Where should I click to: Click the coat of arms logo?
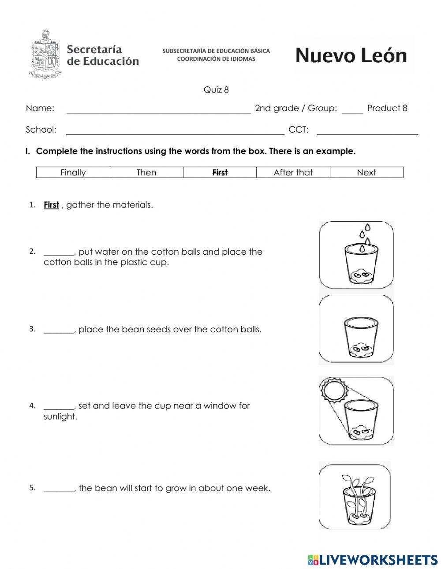pyautogui.click(x=45, y=54)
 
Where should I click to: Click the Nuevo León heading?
pyautogui.click(x=351, y=56)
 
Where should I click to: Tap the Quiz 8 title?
pyautogui.click(x=216, y=90)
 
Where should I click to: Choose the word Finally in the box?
pyautogui.click(x=73, y=172)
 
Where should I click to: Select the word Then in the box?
pyautogui.click(x=146, y=172)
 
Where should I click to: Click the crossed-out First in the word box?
pyautogui.click(x=220, y=172)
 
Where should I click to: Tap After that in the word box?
pyautogui.click(x=293, y=172)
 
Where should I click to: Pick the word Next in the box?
pyautogui.click(x=366, y=172)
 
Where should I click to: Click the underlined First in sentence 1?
pyautogui.click(x=51, y=205)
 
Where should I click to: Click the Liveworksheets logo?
pyautogui.click(x=373, y=559)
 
